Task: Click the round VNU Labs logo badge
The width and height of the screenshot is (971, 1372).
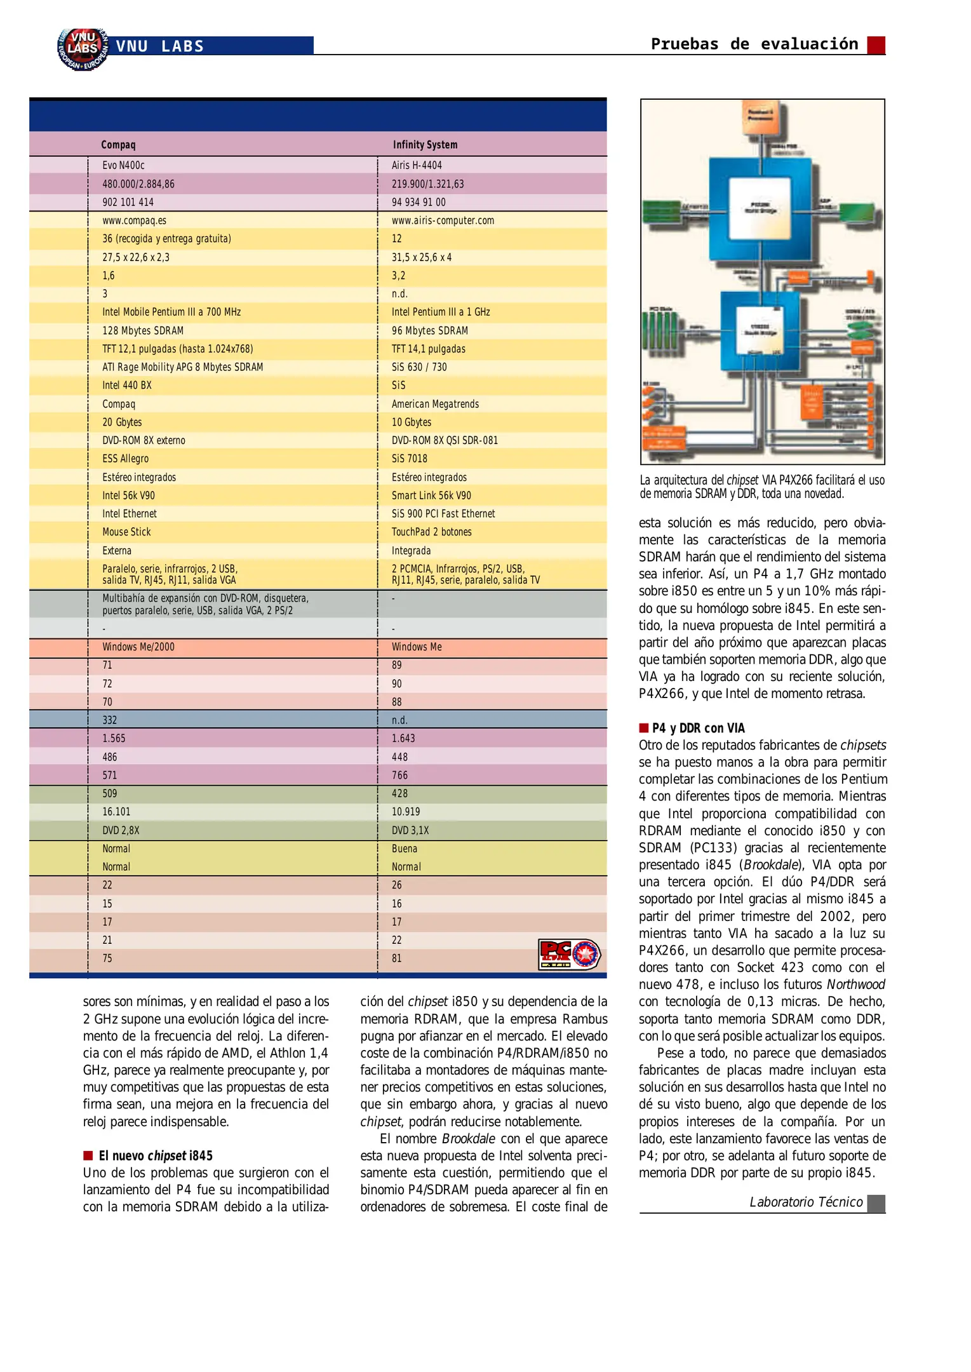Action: pyautogui.click(x=82, y=48)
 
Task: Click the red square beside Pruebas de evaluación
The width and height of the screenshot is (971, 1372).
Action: pyautogui.click(x=876, y=44)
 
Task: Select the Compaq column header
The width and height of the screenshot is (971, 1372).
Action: pyautogui.click(x=118, y=145)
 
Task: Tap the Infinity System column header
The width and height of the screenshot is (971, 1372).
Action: pyautogui.click(x=425, y=145)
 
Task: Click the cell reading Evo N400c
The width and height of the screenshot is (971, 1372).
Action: pyautogui.click(x=123, y=165)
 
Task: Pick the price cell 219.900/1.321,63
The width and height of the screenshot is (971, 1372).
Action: pyautogui.click(x=427, y=184)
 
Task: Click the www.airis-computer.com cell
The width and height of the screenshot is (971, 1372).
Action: pyautogui.click(x=443, y=220)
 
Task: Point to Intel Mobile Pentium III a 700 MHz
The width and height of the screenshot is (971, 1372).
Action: pyautogui.click(x=171, y=312)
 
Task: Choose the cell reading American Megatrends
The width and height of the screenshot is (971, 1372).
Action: pyautogui.click(x=435, y=404)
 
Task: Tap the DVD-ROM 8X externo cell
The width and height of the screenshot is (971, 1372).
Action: pyautogui.click(x=144, y=440)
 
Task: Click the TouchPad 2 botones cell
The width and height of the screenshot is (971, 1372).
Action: pyautogui.click(x=431, y=532)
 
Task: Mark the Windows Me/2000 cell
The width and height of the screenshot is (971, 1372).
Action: pyautogui.click(x=138, y=647)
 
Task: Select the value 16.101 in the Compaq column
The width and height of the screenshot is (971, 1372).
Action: pyautogui.click(x=116, y=812)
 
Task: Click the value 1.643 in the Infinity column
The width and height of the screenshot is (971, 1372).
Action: pyautogui.click(x=403, y=738)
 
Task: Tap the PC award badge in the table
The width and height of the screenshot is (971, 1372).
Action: pyautogui.click(x=569, y=954)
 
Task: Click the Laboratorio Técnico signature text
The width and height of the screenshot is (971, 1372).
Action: pyautogui.click(x=806, y=1202)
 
